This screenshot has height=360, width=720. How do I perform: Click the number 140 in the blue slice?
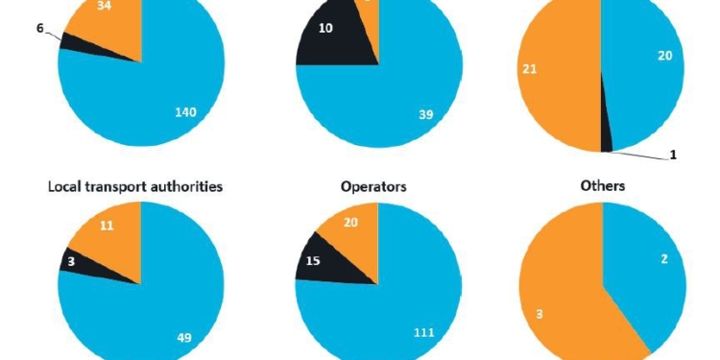184,112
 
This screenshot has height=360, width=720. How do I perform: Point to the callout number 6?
39,30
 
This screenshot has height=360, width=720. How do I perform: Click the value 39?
426,114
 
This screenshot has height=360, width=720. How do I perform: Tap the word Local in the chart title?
67,186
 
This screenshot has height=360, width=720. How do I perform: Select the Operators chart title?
373,186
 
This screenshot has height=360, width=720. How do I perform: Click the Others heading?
603,185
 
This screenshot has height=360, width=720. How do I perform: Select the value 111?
423,332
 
